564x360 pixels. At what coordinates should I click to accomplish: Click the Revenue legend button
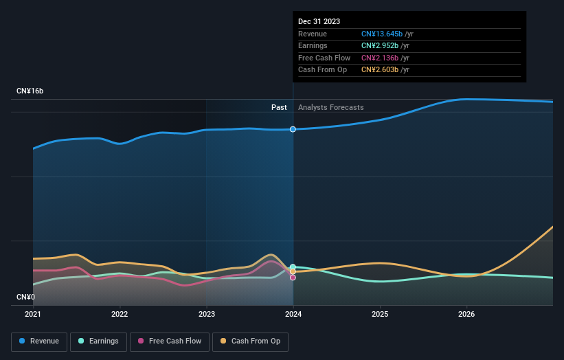tap(39, 341)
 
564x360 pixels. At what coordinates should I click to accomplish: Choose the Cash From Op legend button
tap(251, 341)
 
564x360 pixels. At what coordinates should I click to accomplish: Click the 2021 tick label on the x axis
tap(33, 315)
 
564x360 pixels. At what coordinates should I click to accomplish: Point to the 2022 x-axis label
tap(120, 315)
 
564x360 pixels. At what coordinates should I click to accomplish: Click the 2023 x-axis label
tap(206, 315)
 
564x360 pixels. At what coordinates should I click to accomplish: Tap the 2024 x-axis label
tap(293, 315)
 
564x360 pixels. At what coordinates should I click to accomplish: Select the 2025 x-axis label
tap(380, 315)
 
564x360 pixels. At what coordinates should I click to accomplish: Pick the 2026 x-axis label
tap(466, 315)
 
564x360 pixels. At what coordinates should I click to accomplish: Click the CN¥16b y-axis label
tap(30, 91)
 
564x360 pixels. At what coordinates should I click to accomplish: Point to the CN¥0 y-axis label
tap(25, 297)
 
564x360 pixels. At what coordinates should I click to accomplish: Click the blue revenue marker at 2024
tap(293, 129)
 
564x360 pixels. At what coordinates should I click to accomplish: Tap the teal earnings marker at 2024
tap(293, 267)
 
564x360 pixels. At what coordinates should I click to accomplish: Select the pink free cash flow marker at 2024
tap(293, 278)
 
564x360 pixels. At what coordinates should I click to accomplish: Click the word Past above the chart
tap(279, 107)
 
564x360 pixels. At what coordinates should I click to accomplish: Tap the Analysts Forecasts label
tap(330, 107)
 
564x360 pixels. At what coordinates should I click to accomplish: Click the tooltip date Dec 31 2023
tap(319, 22)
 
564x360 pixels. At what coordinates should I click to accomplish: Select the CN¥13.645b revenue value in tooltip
tap(381, 34)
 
